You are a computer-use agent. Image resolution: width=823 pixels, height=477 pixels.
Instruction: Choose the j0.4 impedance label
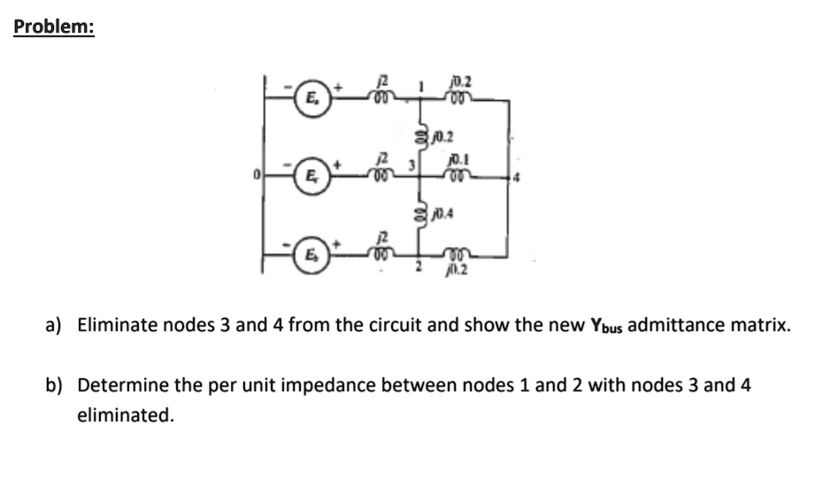442,213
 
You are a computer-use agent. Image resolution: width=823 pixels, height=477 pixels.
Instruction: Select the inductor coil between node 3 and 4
458,174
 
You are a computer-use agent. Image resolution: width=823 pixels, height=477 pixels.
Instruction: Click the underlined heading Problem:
54,27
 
